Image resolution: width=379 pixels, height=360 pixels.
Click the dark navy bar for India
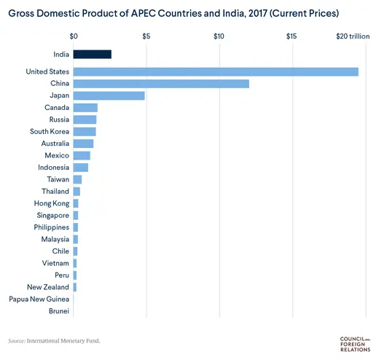click(x=92, y=54)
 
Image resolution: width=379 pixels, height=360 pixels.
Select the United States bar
click(x=216, y=71)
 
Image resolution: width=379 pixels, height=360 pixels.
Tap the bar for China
click(x=161, y=84)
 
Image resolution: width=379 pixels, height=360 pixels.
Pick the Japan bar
click(x=109, y=95)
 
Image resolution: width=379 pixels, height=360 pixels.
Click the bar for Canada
click(x=85, y=108)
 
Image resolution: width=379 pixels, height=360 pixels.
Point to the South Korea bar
click(x=85, y=131)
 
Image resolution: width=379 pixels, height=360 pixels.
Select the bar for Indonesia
click(x=81, y=168)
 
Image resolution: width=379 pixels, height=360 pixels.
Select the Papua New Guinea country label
click(x=39, y=299)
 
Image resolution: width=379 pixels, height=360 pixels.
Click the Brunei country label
click(x=58, y=311)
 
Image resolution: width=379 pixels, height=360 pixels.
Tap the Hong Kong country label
click(x=52, y=203)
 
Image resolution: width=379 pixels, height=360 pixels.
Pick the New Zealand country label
click(x=48, y=287)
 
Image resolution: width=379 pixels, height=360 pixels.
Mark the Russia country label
click(x=58, y=120)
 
